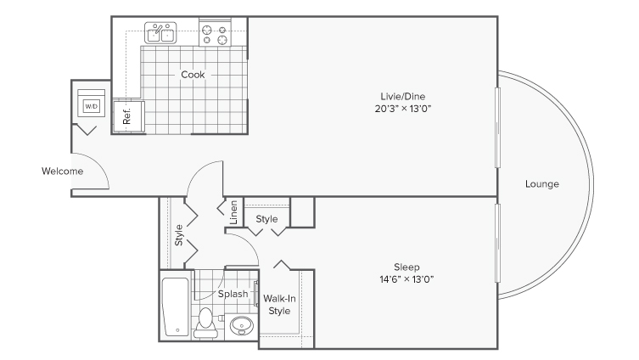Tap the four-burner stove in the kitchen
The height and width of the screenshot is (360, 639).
click(215, 34)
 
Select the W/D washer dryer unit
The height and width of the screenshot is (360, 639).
click(91, 105)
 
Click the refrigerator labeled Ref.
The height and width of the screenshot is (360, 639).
click(128, 115)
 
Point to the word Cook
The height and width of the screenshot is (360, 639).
click(193, 74)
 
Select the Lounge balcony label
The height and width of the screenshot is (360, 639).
click(541, 183)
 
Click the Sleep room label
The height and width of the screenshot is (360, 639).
click(406, 266)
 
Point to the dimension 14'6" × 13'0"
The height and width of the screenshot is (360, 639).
click(406, 279)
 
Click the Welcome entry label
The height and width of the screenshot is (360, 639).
click(62, 172)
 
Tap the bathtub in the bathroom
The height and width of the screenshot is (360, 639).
click(176, 305)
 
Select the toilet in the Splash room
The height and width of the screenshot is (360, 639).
click(205, 322)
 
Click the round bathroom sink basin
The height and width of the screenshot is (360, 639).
click(242, 323)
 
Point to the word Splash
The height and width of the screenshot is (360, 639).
click(233, 295)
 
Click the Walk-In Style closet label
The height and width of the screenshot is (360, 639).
click(278, 305)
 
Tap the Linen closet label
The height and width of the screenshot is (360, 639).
click(232, 213)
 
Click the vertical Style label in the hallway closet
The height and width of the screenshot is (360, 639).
click(179, 234)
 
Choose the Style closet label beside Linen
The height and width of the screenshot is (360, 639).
click(267, 219)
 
